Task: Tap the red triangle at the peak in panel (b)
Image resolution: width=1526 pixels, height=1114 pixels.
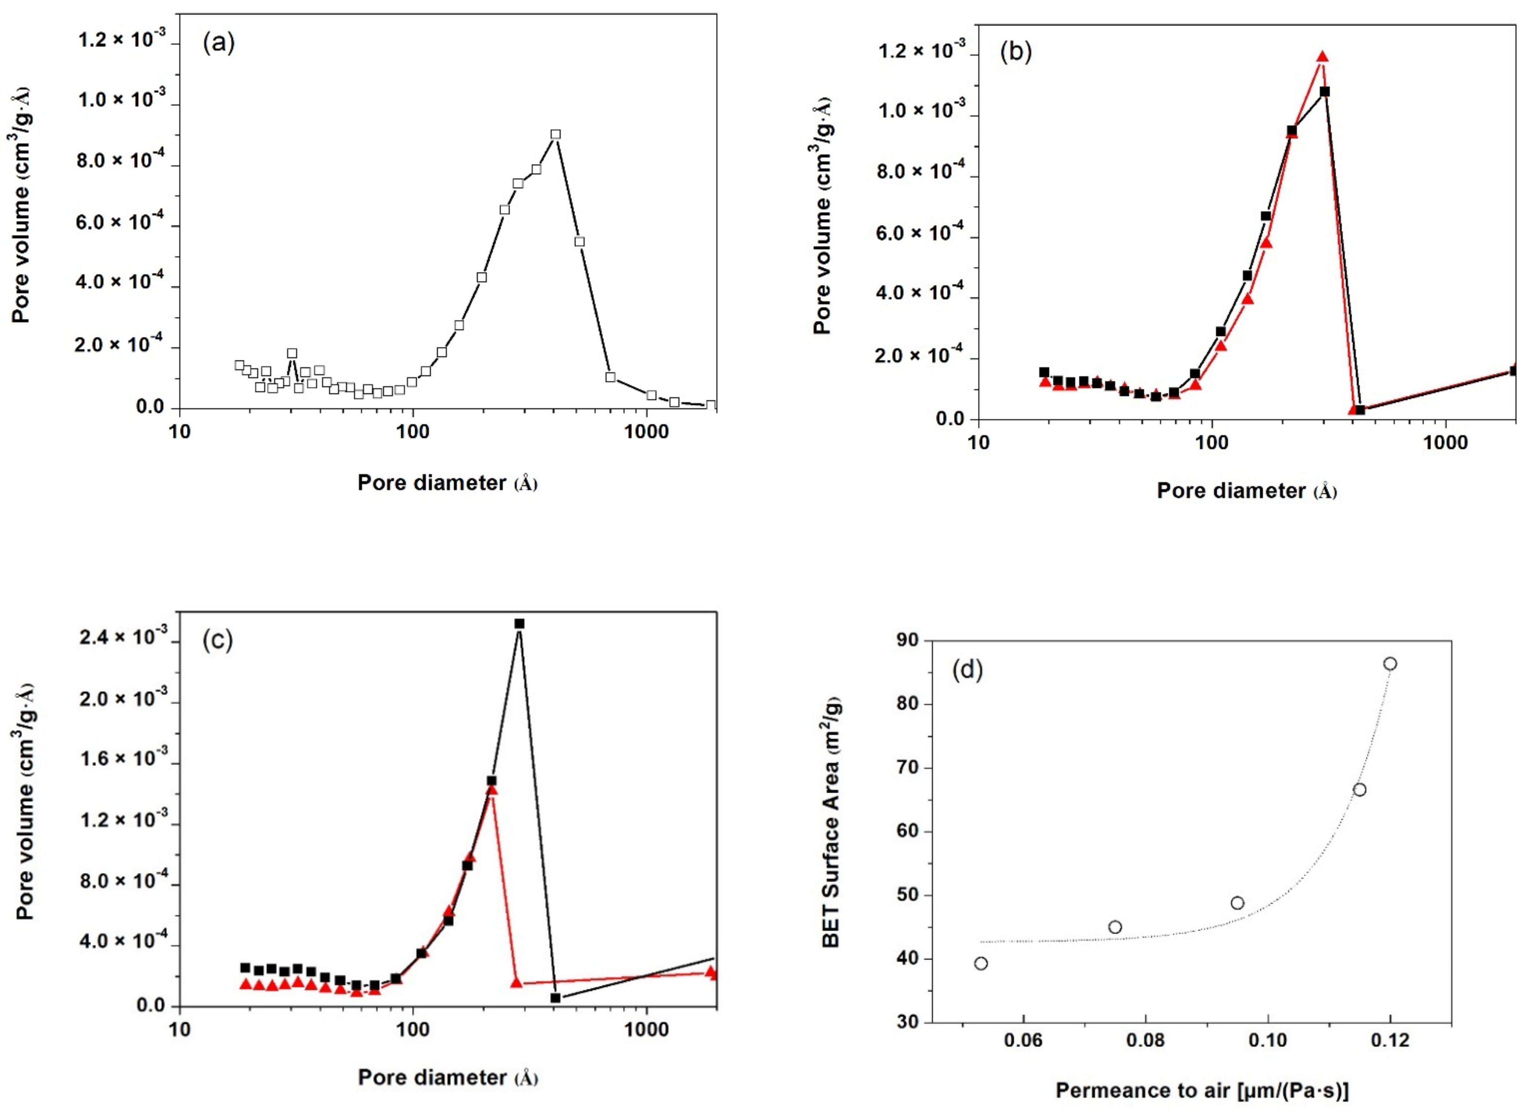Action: tap(1322, 57)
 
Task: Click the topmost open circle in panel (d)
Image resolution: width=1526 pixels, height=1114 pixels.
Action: tap(1390, 664)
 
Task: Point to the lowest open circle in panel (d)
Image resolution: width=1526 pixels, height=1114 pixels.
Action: tap(981, 964)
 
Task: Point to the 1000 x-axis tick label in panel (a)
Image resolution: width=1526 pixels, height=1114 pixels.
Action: tap(647, 432)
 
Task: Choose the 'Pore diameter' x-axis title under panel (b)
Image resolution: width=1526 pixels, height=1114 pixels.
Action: tap(1246, 491)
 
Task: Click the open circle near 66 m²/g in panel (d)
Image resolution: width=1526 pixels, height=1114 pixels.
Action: tap(1360, 790)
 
